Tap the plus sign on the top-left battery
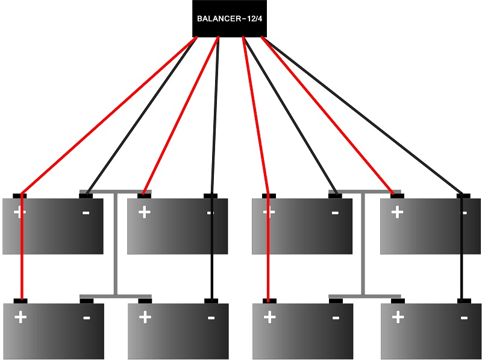coord(20,212)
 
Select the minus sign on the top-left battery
coord(86,213)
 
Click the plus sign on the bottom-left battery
coord(20,317)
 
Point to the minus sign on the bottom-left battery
coord(86,317)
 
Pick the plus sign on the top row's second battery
coord(144,212)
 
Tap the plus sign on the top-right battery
coord(397,212)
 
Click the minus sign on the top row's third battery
coord(334,213)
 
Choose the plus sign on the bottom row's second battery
coord(145,317)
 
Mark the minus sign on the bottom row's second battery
coord(210,317)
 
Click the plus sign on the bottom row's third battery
coord(269,317)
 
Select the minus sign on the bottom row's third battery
coord(335,317)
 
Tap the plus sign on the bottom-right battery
coord(398,317)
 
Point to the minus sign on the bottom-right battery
coord(463,317)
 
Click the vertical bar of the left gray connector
coord(115,244)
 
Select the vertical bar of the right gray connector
coord(363,244)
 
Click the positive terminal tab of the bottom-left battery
coord(21,300)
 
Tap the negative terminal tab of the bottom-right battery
coord(463,300)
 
